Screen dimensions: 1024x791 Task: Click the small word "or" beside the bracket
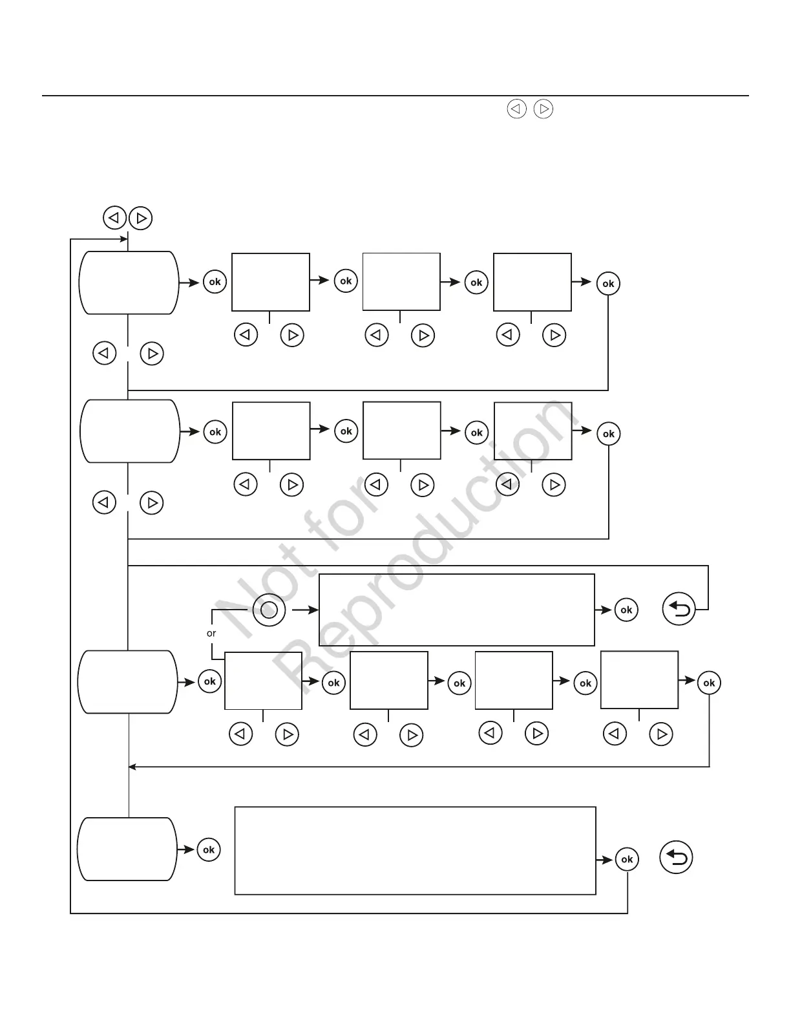pos(211,634)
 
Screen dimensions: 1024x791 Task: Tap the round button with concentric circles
pos(269,610)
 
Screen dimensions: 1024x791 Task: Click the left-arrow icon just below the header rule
pos(516,109)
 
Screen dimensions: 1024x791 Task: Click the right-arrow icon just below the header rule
pos(544,109)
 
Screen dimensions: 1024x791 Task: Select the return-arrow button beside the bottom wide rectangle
pos(676,858)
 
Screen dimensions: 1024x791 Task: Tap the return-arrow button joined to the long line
pos(679,609)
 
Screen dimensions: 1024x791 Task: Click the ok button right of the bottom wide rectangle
pos(627,859)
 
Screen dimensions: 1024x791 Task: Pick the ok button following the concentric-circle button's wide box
pos(626,610)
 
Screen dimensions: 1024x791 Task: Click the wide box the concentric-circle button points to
pos(457,610)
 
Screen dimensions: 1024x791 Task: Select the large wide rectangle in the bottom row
pos(415,850)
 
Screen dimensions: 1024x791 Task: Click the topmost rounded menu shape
pos(129,283)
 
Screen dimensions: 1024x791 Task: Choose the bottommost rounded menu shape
pos(127,849)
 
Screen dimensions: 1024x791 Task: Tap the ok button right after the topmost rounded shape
pos(215,282)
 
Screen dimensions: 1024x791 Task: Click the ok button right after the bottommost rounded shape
pos(209,849)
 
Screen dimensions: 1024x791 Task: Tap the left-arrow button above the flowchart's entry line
pos(114,218)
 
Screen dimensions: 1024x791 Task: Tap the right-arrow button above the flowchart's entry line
pos(141,218)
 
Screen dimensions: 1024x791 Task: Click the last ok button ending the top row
pos(608,283)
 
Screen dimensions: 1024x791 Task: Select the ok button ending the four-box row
pos(709,683)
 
